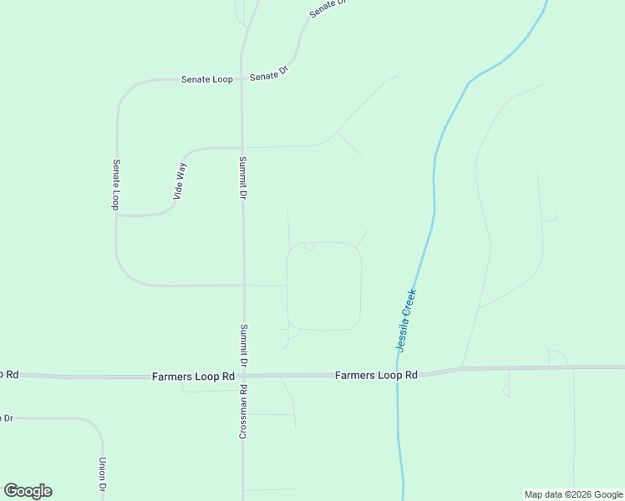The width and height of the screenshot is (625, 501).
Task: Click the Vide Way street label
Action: [x=180, y=181]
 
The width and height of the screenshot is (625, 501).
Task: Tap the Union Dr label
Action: [x=103, y=475]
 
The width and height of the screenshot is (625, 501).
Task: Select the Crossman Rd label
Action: [x=243, y=412]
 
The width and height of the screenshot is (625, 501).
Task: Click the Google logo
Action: [x=28, y=491]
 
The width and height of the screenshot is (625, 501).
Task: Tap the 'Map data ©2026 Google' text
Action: [x=573, y=494]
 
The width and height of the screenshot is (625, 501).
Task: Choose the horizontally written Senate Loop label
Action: [x=206, y=79]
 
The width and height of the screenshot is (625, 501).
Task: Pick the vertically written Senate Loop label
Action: [x=117, y=185]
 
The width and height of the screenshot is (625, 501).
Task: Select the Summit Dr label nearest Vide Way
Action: [x=242, y=177]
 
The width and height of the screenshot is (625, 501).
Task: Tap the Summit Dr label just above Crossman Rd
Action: [x=243, y=346]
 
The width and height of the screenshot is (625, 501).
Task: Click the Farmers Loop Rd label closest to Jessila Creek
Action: [x=375, y=376]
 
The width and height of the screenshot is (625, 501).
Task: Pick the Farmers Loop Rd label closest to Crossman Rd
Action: [x=193, y=377]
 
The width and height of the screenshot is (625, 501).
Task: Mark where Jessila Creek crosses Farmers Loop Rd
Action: [x=398, y=375]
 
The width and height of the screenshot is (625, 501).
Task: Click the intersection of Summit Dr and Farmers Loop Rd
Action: [x=243, y=376]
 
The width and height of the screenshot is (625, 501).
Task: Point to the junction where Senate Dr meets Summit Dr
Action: [x=242, y=78]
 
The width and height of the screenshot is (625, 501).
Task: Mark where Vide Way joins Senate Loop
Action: [x=118, y=215]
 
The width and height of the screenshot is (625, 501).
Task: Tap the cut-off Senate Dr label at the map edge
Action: [x=327, y=8]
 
